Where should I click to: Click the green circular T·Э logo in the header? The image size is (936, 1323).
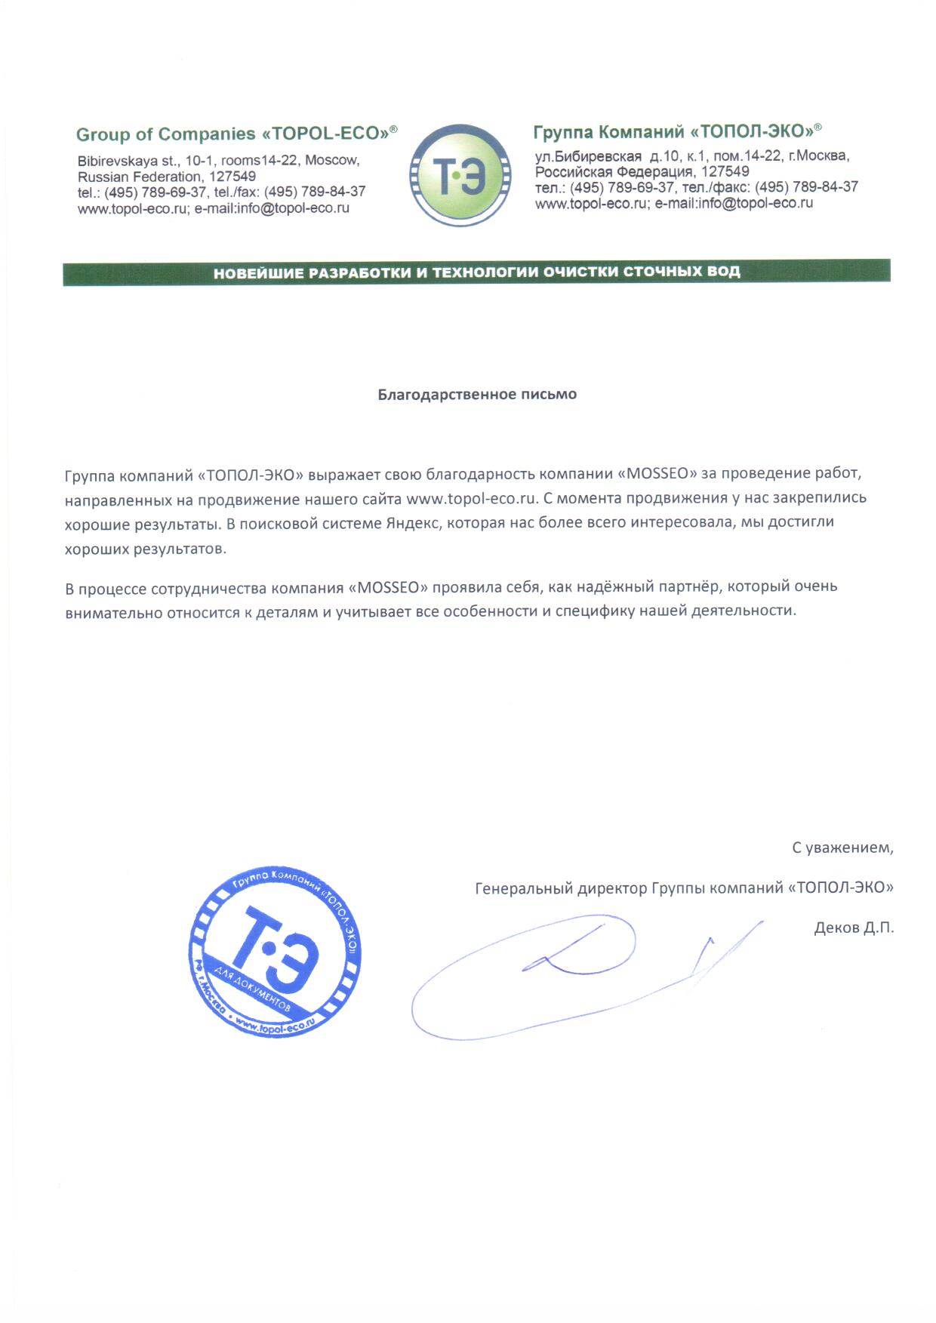point(460,175)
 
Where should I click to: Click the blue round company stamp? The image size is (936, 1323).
point(275,951)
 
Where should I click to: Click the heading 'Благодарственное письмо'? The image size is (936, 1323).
point(477,394)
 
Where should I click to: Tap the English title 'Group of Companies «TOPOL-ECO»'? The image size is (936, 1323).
point(236,134)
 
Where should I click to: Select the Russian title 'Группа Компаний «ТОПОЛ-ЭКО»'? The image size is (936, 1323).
point(677,131)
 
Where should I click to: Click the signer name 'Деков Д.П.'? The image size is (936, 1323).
point(854,928)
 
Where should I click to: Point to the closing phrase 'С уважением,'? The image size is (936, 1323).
point(842,848)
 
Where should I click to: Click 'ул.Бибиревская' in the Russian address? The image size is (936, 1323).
point(588,156)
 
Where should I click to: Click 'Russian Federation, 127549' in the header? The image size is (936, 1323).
point(166,177)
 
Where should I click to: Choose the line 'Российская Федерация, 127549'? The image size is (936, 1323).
point(642,171)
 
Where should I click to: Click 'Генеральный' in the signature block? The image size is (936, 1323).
point(523,888)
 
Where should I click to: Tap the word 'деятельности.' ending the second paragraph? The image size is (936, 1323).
point(747,611)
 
